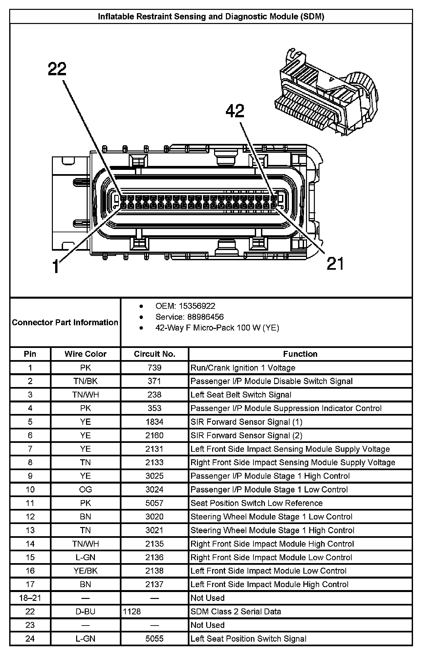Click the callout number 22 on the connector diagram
tap(57, 69)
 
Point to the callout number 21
tap(335, 264)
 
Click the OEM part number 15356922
tap(197, 306)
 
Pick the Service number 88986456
tap(206, 317)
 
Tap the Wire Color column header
tap(85, 354)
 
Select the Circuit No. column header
tap(155, 354)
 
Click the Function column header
tap(300, 354)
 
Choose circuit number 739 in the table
tap(155, 368)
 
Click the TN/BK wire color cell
tap(85, 381)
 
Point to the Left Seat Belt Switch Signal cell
tap(241, 395)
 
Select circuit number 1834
tap(155, 422)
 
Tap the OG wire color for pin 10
tap(85, 490)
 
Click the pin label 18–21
tap(30, 598)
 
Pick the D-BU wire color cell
tap(85, 611)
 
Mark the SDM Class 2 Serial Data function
tap(236, 611)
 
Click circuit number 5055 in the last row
tap(155, 639)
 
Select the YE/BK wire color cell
tap(85, 571)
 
